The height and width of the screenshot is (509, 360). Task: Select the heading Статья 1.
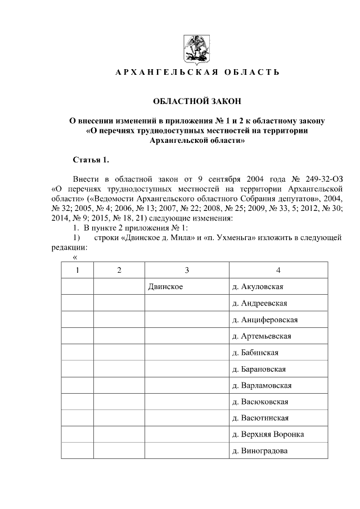click(91, 160)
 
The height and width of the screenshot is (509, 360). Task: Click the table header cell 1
click(78, 270)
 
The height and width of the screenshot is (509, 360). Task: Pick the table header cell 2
click(119, 270)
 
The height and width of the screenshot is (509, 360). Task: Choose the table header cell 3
click(187, 270)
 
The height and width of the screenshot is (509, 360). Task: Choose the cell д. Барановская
click(259, 369)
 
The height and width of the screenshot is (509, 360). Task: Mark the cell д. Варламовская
click(262, 386)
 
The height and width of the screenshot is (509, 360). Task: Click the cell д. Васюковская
click(260, 402)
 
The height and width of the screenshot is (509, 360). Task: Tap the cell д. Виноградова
click(260, 451)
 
